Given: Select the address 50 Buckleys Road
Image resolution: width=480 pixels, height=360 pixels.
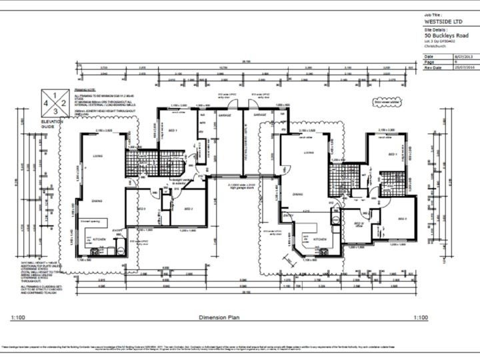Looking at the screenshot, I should click(x=446, y=36).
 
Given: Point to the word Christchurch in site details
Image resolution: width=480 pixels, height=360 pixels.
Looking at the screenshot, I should click(x=435, y=48).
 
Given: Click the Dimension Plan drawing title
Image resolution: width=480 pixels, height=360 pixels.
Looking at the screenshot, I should click(x=219, y=318).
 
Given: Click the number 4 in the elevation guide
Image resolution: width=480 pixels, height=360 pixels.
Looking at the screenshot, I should click(x=46, y=105).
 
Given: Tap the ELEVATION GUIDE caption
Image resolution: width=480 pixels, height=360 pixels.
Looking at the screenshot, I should click(x=51, y=125).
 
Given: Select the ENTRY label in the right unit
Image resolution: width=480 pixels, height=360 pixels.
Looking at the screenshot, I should click(x=288, y=215).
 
